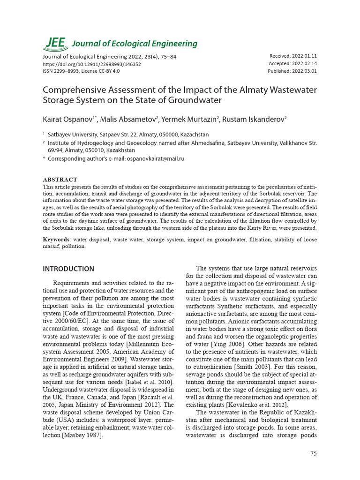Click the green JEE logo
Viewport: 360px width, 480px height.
[55, 43]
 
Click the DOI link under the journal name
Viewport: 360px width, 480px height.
[92, 64]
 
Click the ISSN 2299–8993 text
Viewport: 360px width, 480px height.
[62, 71]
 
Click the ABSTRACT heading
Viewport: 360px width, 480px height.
[60, 180]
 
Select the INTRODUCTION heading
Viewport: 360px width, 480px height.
[68, 269]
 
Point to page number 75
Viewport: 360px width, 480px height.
[314, 453]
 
